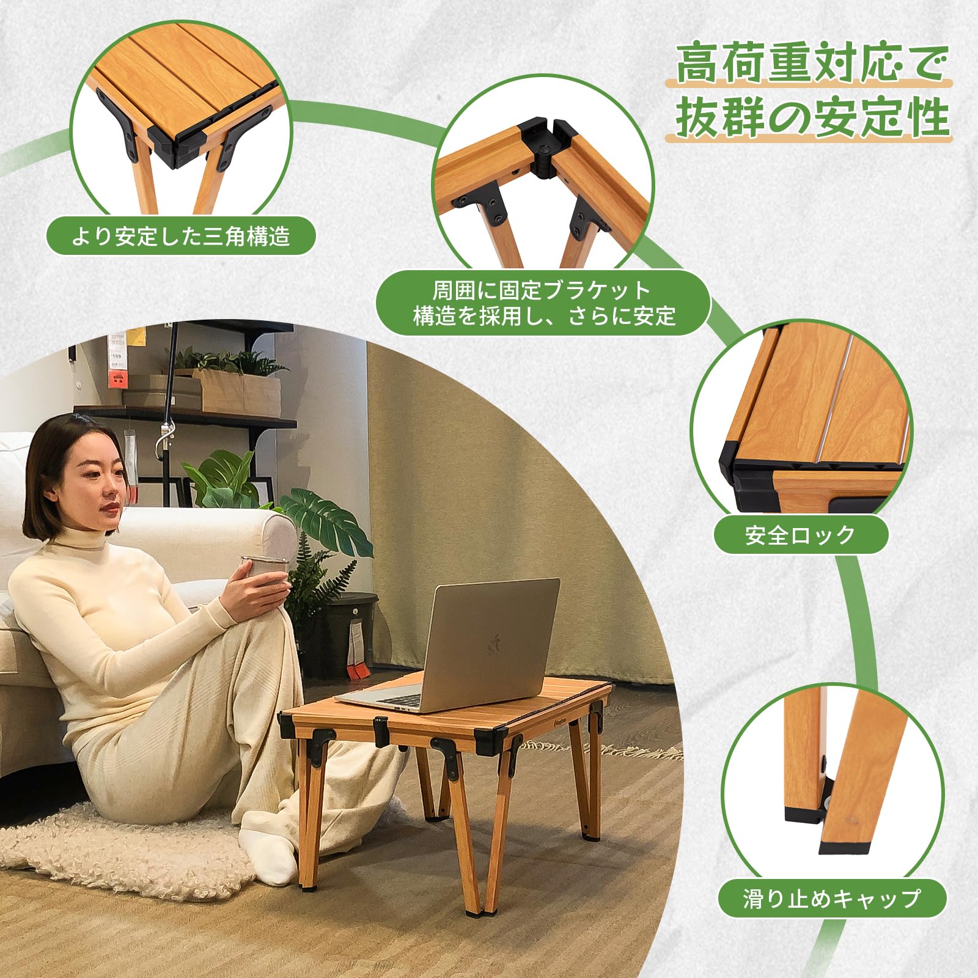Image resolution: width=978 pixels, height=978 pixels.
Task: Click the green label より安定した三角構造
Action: pyautogui.click(x=181, y=236)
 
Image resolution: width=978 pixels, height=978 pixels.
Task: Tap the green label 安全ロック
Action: pyautogui.click(x=801, y=535)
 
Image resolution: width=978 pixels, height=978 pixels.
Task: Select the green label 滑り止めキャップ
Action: pyautogui.click(x=832, y=899)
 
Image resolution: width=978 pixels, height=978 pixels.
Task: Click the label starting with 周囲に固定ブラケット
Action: pyautogui.click(x=543, y=303)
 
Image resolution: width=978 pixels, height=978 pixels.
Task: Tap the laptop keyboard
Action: pyautogui.click(x=397, y=700)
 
